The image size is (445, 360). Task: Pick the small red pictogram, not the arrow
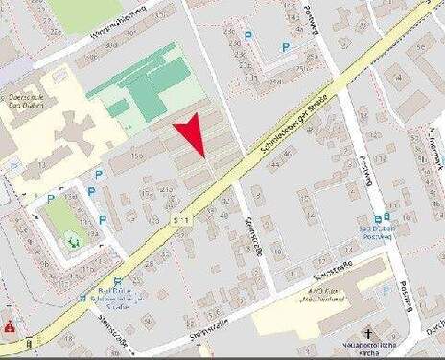click(10, 326)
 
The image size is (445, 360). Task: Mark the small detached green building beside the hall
click(117, 108)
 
